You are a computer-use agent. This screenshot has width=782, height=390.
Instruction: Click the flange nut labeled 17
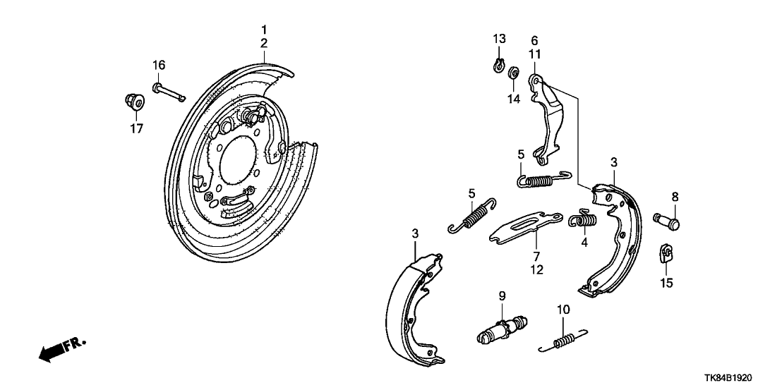pos(135,102)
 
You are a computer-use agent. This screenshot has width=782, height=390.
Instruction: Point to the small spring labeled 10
pos(563,341)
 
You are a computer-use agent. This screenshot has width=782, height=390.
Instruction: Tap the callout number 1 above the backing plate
pos(264,30)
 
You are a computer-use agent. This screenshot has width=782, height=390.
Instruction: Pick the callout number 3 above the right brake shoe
pos(614,162)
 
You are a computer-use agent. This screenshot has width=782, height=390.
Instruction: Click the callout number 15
pos(666,283)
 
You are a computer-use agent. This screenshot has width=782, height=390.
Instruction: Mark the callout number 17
pos(136,128)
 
